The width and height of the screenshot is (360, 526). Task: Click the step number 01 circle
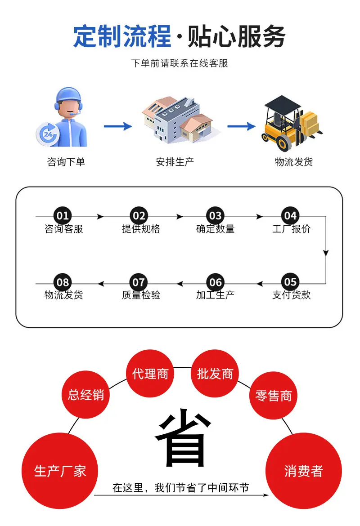(x=63, y=215)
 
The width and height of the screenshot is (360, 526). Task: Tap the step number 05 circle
(x=290, y=282)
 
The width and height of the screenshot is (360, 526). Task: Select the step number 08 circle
(x=63, y=282)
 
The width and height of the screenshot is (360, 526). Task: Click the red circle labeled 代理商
(x=150, y=373)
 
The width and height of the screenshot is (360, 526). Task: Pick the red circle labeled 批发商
(x=215, y=373)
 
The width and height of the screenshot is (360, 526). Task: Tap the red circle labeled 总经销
(x=86, y=395)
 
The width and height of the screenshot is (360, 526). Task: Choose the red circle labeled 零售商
(x=273, y=396)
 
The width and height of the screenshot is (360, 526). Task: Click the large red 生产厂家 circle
(x=60, y=471)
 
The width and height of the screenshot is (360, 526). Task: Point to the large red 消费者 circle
(x=304, y=471)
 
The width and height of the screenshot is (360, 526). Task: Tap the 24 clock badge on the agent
(x=47, y=134)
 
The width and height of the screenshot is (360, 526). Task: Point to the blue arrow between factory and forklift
(x=241, y=126)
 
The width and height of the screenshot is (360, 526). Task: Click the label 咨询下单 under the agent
(x=66, y=162)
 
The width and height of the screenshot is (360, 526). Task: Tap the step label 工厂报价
(x=291, y=229)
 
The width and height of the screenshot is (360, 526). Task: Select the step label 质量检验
(x=141, y=295)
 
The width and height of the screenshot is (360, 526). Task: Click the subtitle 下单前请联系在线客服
(x=180, y=63)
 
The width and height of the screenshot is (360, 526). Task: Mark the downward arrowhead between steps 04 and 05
(x=326, y=253)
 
